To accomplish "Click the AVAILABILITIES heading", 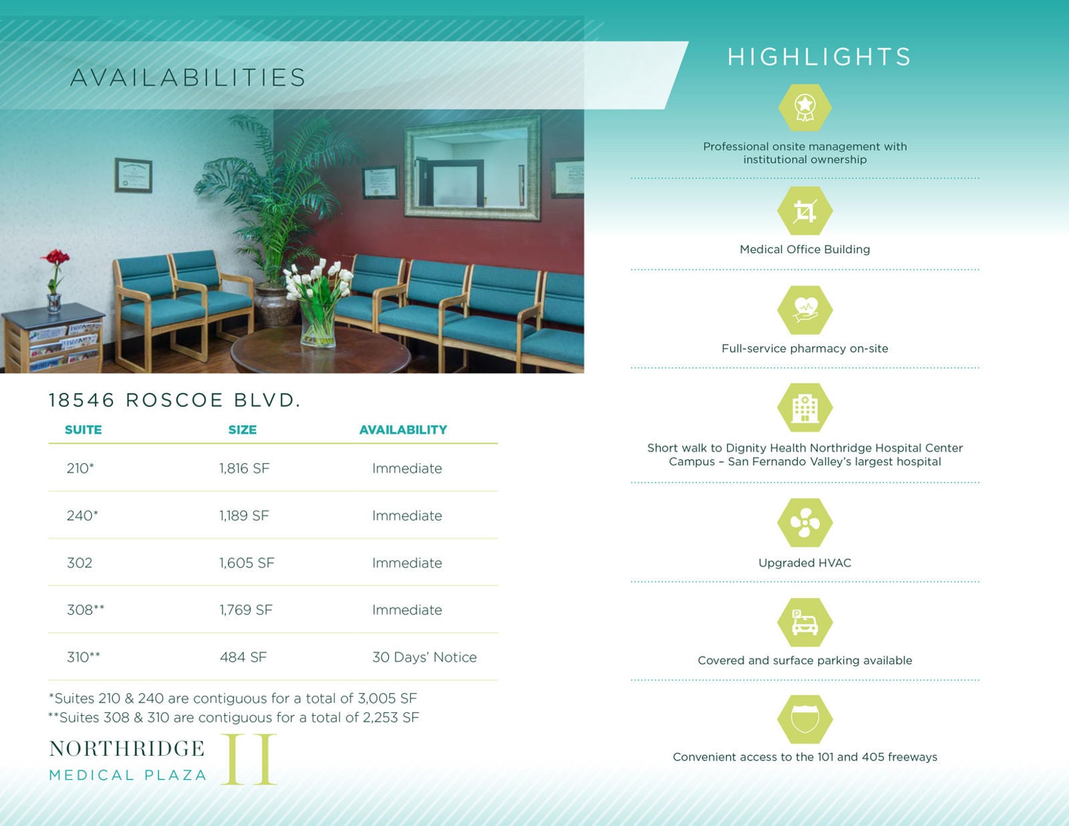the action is point(188,78).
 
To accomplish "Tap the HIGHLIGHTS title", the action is point(819,57).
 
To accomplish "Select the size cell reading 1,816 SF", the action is point(245,468).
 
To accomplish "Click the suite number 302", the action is point(80,563).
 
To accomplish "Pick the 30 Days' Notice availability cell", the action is point(424,657).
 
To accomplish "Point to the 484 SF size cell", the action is point(243,657).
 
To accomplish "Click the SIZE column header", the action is point(243,430).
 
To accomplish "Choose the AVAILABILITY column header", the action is point(404,430).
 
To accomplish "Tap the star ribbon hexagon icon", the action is point(805,108).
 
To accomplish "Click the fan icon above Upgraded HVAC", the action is point(805,523).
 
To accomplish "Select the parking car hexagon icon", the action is point(805,622).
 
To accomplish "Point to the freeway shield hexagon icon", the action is point(805,719).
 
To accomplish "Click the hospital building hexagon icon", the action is point(805,408).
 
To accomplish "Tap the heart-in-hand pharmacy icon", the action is point(805,310).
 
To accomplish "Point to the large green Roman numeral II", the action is point(249,759).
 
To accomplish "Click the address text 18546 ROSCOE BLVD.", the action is point(174,400).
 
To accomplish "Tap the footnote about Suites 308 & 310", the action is point(234,717).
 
